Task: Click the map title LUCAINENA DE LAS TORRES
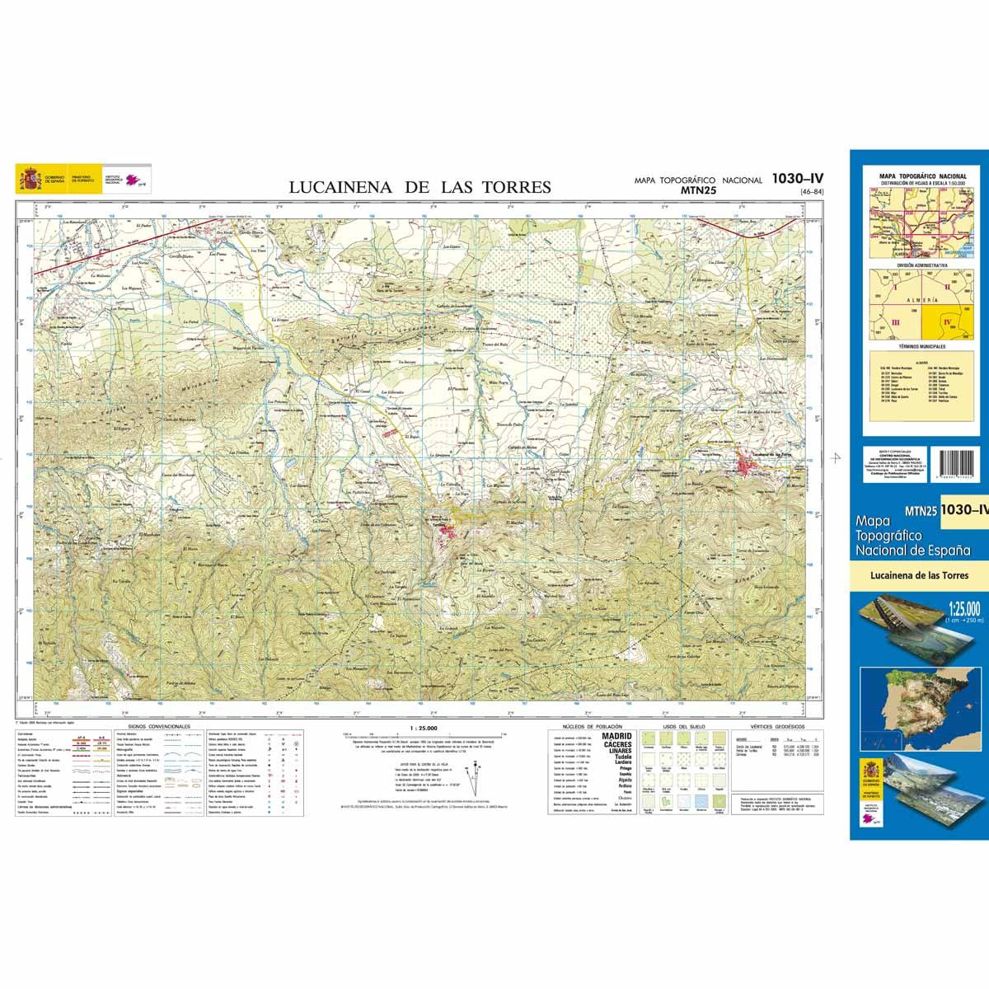420,187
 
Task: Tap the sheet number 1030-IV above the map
798,177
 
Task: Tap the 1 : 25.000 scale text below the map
423,729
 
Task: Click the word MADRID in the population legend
617,736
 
